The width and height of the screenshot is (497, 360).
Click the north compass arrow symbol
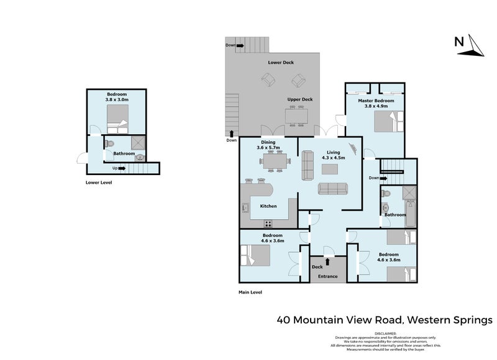476,45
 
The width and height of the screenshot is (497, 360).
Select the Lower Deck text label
281,63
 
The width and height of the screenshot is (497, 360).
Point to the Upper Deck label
299,99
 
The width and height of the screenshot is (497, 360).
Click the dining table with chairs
275,163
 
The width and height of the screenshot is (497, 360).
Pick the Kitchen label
268,206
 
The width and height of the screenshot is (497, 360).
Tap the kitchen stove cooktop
269,223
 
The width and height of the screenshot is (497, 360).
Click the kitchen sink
245,208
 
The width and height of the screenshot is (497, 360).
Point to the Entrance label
328,276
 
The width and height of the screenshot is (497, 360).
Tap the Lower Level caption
99,183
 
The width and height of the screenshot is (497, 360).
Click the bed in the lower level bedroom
117,117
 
